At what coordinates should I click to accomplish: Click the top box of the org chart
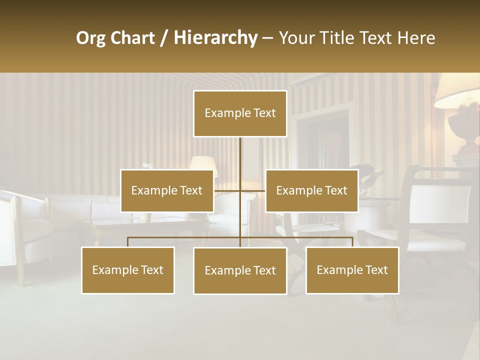click(x=240, y=113)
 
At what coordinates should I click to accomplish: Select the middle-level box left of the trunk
click(x=167, y=190)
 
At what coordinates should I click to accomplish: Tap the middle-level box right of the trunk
click(x=311, y=190)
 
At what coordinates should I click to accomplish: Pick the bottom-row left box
click(x=128, y=270)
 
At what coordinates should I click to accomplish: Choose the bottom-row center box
click(x=240, y=270)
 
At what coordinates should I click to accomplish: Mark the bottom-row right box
click(x=352, y=270)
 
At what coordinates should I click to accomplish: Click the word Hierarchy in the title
click(x=215, y=37)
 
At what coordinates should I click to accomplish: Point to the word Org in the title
click(x=90, y=38)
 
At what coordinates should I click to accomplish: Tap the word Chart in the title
click(x=132, y=38)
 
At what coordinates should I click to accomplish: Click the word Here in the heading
click(x=416, y=38)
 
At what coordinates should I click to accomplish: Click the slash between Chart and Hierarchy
click(x=164, y=38)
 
